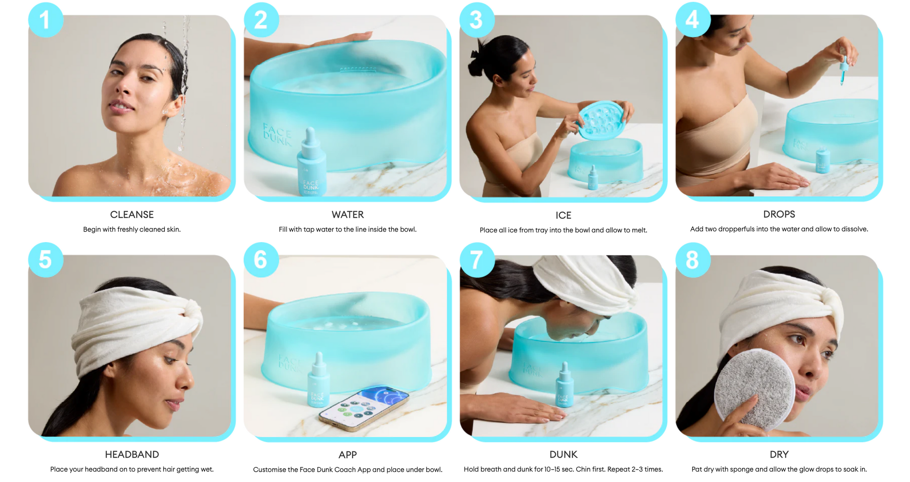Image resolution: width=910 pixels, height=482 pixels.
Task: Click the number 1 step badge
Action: tap(45, 20)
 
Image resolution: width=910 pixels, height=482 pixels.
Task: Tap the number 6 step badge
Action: tap(261, 260)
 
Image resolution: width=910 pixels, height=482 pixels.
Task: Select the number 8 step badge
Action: tap(693, 260)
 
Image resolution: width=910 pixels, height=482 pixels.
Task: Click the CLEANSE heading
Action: tap(132, 215)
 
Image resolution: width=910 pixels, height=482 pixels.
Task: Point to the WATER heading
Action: tap(347, 215)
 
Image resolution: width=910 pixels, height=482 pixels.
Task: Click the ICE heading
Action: tap(563, 215)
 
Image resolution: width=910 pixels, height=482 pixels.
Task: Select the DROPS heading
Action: tap(779, 214)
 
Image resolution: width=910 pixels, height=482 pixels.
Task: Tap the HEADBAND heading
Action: tap(132, 454)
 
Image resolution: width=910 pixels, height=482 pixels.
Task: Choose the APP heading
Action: tap(347, 455)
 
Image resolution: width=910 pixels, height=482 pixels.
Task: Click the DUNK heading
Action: tap(563, 454)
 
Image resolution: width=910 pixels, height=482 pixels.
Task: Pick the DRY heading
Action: tap(779, 454)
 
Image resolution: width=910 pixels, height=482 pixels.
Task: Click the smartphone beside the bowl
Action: tap(363, 408)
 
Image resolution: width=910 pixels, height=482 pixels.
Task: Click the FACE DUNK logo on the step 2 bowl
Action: tap(277, 134)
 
